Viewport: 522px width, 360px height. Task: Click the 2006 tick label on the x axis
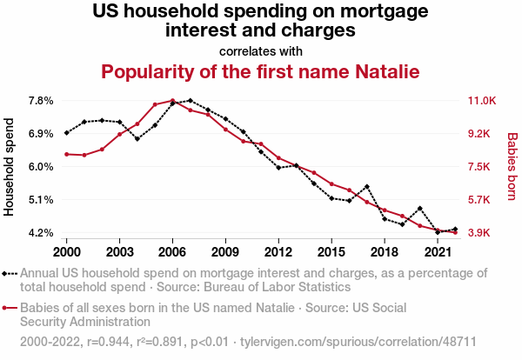click(172, 251)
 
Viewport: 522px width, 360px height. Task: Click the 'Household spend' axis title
click(10, 167)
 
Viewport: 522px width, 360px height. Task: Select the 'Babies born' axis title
click(512, 167)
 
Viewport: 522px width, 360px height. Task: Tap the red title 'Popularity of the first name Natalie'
click(261, 70)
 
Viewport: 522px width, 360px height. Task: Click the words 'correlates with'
click(261, 50)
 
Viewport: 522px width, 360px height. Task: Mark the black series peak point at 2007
click(190, 101)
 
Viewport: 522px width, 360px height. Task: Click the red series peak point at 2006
click(172, 101)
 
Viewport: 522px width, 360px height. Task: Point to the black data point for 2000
click(66, 133)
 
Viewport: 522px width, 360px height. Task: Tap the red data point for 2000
click(66, 154)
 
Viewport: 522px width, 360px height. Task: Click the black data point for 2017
click(367, 186)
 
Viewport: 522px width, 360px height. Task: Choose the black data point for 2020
click(420, 209)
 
